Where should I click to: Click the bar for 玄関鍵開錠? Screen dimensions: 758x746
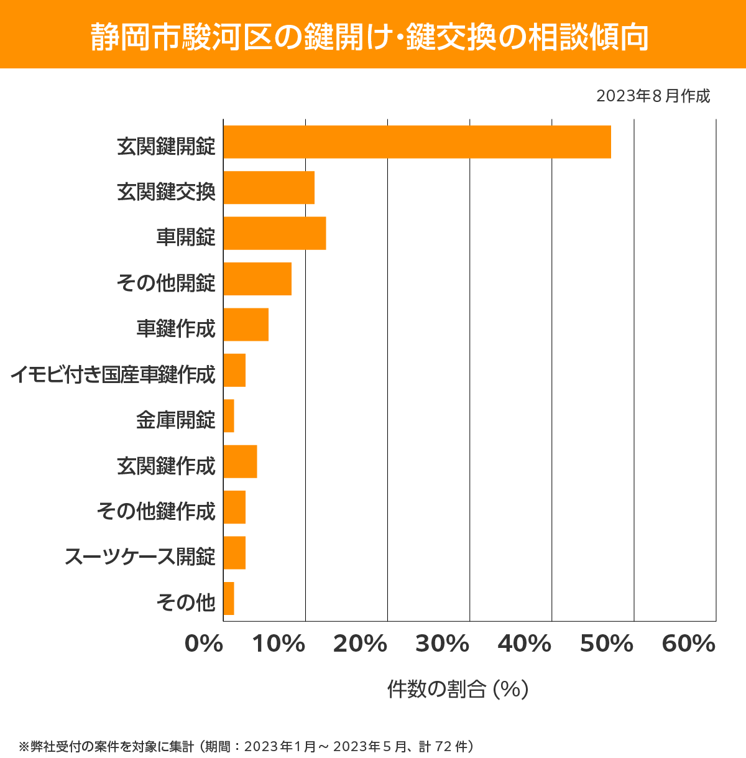[417, 142]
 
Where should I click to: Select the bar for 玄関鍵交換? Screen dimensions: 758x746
[269, 187]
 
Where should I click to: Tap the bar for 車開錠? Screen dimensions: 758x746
[274, 233]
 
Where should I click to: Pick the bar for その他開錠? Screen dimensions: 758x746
[257, 279]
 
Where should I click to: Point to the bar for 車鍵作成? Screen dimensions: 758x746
[246, 325]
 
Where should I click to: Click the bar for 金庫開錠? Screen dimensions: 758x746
[229, 416]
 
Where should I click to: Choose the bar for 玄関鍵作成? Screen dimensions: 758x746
[240, 461]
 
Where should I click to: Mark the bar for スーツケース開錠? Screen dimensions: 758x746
[234, 553]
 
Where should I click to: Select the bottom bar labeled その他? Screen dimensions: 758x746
[229, 598]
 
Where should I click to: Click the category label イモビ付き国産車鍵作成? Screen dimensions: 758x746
[113, 375]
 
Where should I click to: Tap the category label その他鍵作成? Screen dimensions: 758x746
[156, 512]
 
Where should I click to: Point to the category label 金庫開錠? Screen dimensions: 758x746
[176, 420]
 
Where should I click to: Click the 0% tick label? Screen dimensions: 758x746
[204, 644]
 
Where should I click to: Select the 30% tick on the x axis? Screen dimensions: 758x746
[442, 644]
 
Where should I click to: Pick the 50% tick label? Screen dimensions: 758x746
[606, 644]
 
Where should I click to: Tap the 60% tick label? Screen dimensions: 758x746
[689, 644]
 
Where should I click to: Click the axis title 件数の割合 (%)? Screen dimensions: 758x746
[458, 689]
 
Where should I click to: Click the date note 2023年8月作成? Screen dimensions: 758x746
[653, 96]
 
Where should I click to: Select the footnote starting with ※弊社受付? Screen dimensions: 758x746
[247, 746]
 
